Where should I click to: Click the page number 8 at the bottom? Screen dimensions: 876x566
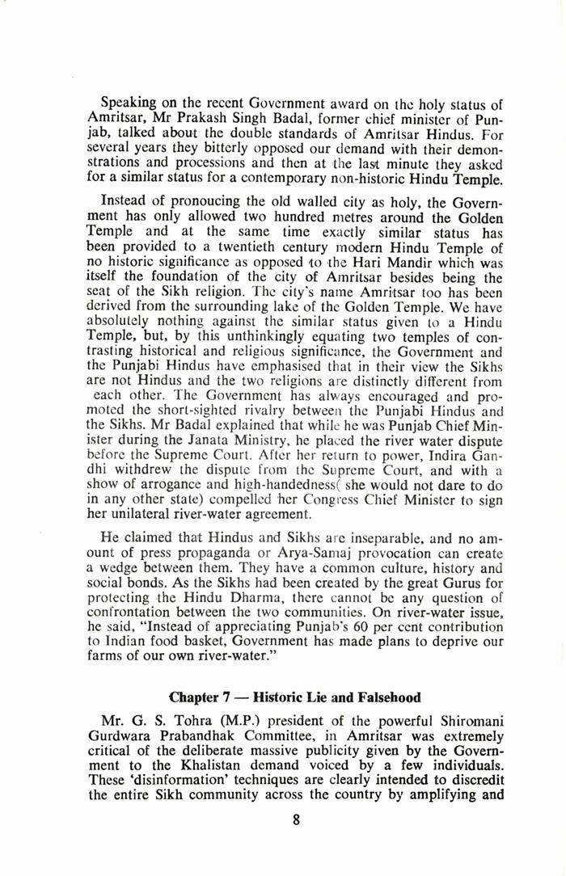[x=297, y=819]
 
